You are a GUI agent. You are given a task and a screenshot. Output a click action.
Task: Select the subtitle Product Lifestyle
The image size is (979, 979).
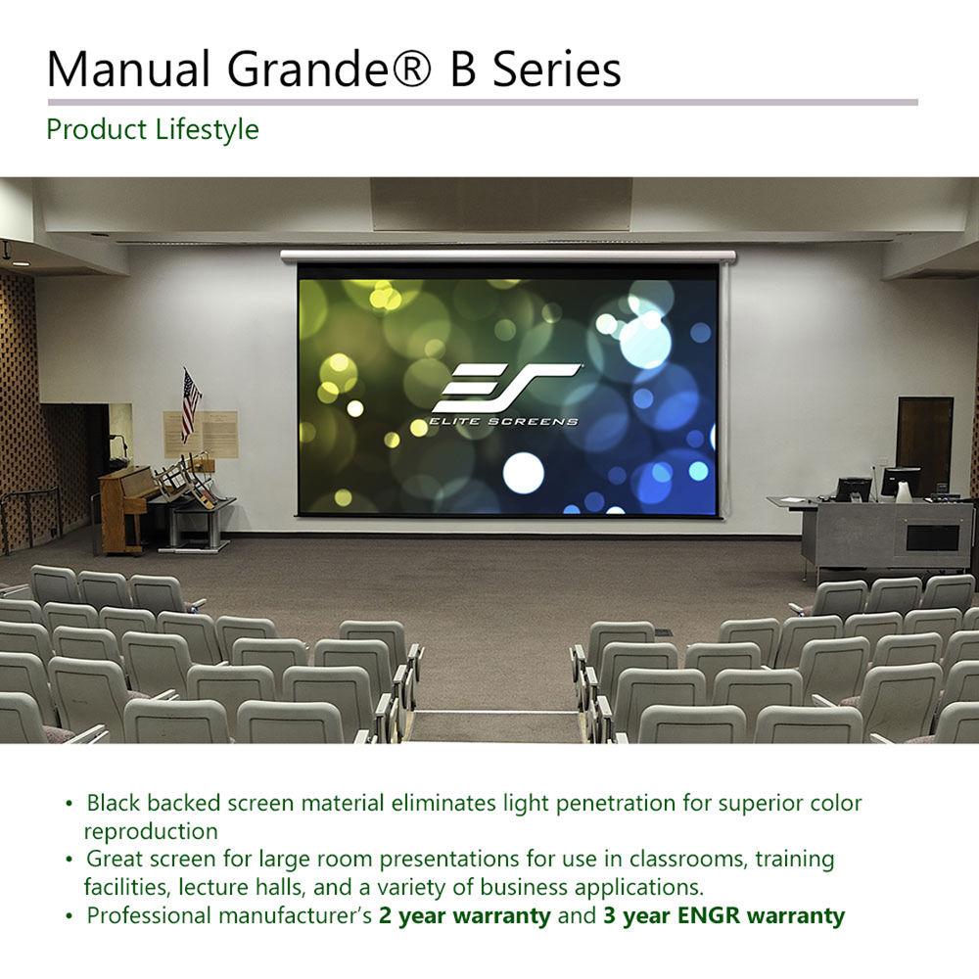(x=153, y=129)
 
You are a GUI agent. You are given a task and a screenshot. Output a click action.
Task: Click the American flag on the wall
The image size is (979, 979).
(x=190, y=404)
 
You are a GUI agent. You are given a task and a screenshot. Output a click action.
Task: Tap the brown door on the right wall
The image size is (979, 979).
(x=924, y=445)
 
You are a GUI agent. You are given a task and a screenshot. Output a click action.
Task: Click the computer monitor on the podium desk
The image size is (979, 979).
(x=899, y=481)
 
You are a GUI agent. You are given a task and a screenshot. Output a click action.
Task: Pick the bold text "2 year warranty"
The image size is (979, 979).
(x=465, y=916)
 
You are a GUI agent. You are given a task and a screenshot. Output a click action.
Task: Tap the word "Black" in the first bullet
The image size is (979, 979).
(x=116, y=804)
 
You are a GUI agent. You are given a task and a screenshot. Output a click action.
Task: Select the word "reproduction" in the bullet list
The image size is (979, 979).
(x=150, y=831)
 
